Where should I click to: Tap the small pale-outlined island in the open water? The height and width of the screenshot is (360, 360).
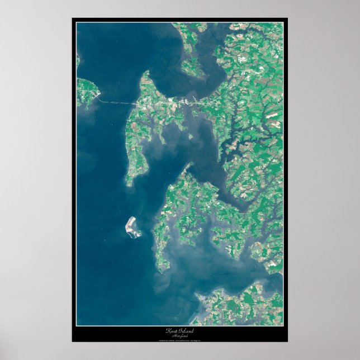(132, 227)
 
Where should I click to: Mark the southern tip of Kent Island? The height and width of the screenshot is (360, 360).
(129, 184)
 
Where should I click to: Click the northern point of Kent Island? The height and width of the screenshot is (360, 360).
(146, 73)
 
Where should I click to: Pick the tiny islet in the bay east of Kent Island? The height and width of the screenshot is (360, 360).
(191, 136)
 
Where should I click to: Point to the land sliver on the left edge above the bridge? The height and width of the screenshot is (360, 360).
(78, 58)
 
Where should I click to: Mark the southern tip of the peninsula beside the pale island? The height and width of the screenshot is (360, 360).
(161, 271)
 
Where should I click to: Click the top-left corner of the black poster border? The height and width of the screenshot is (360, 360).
(73, 18)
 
